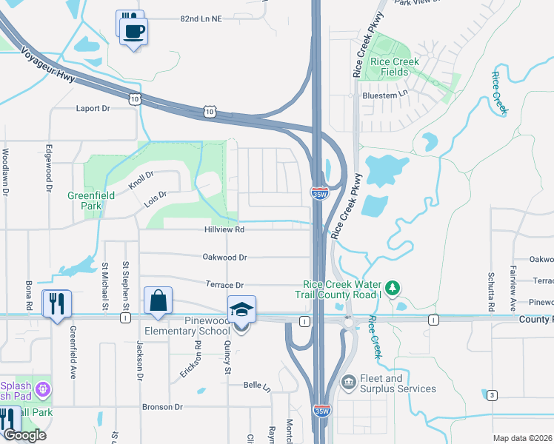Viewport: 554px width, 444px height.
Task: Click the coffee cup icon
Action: click(134, 32)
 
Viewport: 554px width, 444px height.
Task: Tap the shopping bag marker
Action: click(158, 302)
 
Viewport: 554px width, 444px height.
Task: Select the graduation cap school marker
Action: click(242, 309)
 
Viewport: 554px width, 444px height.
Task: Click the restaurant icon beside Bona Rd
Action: click(57, 303)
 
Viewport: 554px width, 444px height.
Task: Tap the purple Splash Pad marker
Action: click(44, 388)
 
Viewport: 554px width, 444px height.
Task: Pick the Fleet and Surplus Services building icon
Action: click(349, 382)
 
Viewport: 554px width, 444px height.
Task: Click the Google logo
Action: click(24, 434)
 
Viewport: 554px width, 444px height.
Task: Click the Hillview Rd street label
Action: click(224, 230)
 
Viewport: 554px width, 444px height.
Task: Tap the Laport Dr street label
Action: click(93, 108)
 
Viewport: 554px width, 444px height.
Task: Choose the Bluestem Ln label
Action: click(384, 95)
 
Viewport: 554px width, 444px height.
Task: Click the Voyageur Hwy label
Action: click(47, 65)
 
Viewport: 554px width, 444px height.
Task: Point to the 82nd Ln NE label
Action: click(201, 19)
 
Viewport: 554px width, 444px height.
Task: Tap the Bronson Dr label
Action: click(162, 407)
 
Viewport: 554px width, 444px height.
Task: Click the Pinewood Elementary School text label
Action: click(201, 326)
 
